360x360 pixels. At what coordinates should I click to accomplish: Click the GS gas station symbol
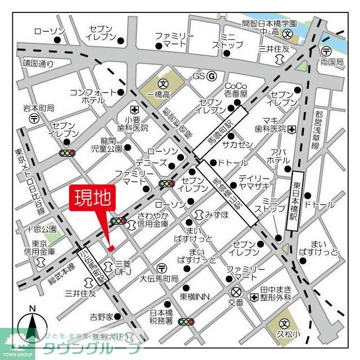click(211, 76)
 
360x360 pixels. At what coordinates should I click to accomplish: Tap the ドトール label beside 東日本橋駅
click(319, 205)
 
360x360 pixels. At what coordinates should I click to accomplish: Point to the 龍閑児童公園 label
click(107, 145)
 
